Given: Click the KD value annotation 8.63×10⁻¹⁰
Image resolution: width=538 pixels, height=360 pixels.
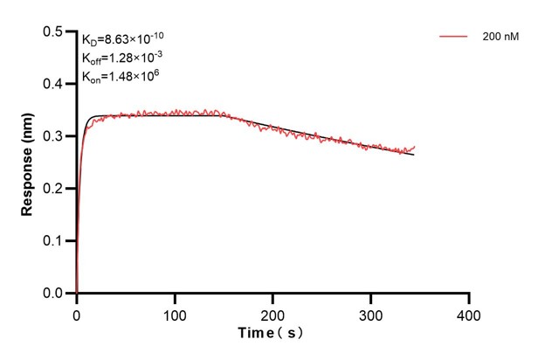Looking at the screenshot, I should coord(123,38).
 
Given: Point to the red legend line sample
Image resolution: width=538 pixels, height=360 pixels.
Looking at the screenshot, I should coord(454,38).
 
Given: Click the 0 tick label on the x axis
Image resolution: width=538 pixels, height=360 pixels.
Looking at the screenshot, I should coord(77,313).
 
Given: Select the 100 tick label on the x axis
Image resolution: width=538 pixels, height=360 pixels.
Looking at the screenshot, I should coord(175,313).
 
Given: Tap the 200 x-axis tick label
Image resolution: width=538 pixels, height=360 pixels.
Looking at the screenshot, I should coord(273,313).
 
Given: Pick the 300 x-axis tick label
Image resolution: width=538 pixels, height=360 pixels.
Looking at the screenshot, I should coord(371,313).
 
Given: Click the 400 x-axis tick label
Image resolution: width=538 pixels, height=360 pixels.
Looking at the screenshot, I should coord(470,313).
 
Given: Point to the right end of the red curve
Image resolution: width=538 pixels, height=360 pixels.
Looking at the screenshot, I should coord(415,147).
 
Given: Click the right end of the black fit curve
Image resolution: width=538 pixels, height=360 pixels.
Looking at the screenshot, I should coord(414,155).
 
